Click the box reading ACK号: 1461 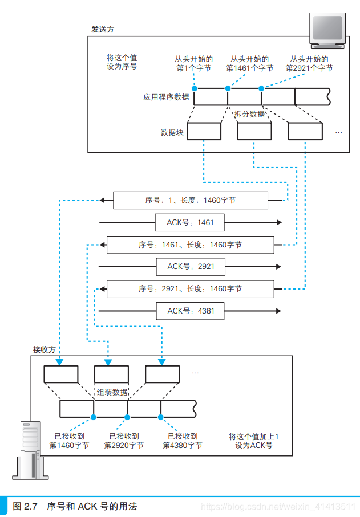coord(190,222)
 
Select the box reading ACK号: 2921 coord(190,266)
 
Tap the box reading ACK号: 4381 coord(190,311)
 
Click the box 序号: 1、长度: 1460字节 coord(190,200)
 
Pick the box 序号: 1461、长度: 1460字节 coord(190,245)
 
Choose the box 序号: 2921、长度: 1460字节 coord(190,289)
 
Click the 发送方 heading coord(102,29)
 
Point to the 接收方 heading coord(45,349)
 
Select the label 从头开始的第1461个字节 coord(249,63)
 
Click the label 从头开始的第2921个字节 coord(309,63)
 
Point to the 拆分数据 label coord(249,114)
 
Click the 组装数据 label coord(112,392)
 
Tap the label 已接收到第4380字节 coord(182,441)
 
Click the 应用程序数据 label coord(166,97)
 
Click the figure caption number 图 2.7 coord(25,506)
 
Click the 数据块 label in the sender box coord(172,132)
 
